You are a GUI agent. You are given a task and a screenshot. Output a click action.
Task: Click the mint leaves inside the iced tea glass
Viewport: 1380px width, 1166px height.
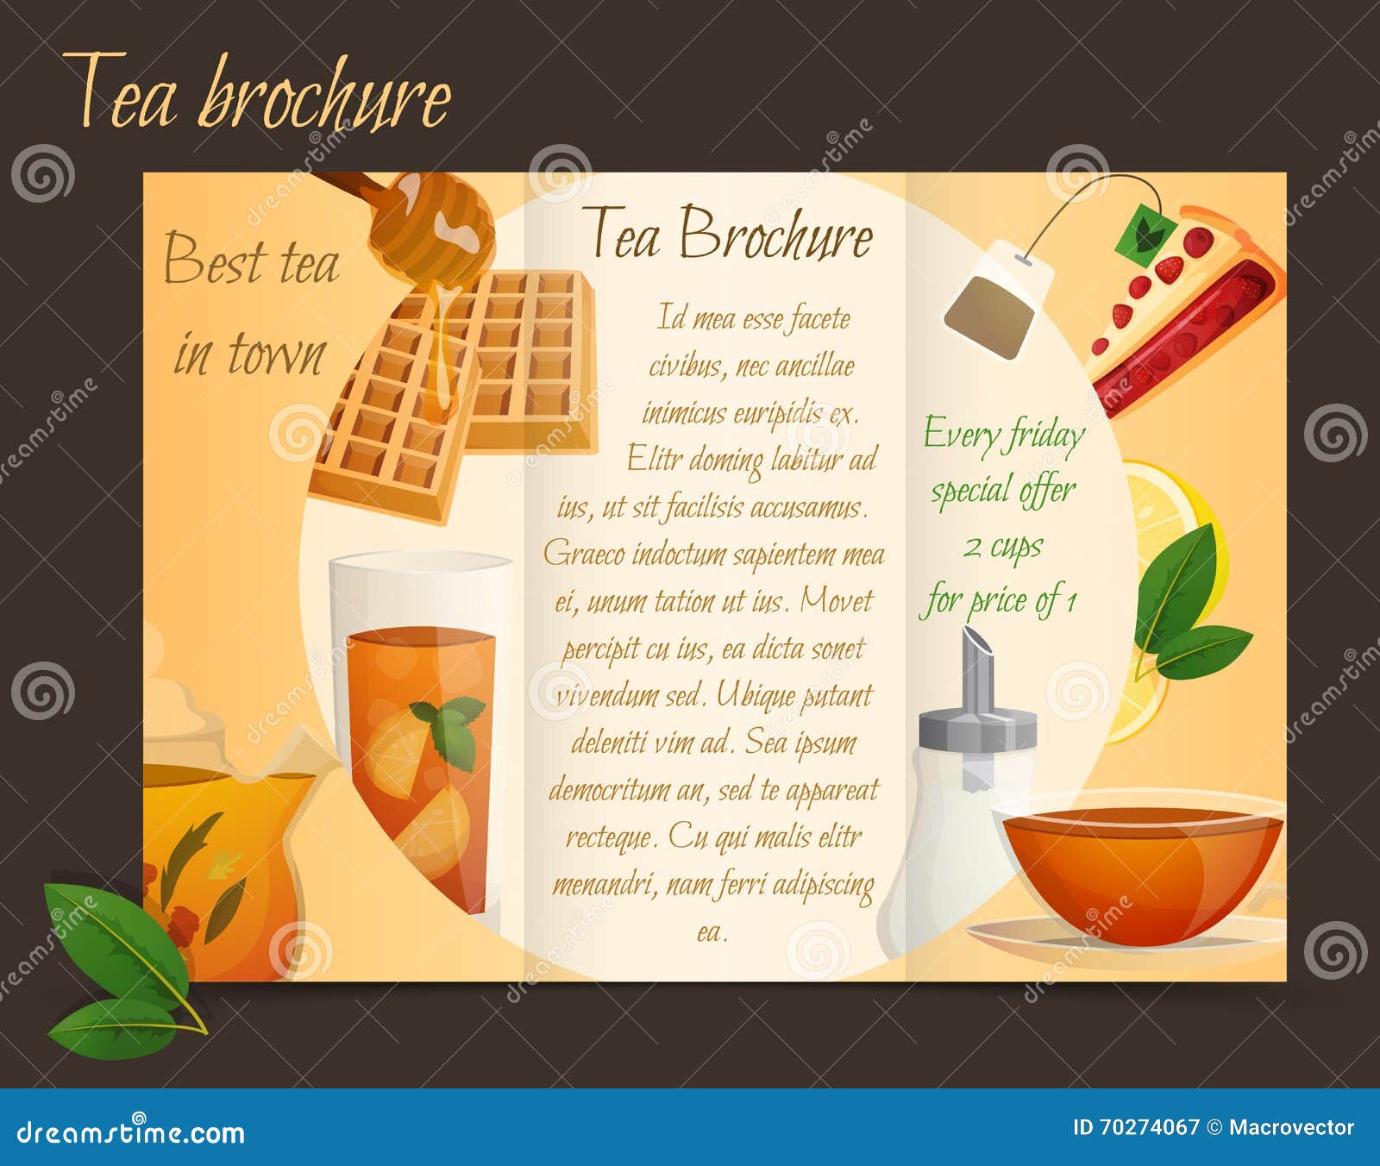(450, 729)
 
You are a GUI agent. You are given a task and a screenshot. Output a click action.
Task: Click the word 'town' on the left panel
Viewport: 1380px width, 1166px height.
(275, 353)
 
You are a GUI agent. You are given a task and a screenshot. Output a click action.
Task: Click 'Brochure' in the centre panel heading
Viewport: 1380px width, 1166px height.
(775, 235)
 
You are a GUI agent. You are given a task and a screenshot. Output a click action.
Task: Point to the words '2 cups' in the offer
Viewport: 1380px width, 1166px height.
(1002, 547)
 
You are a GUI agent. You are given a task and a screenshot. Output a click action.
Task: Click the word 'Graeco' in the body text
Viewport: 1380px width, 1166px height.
(585, 554)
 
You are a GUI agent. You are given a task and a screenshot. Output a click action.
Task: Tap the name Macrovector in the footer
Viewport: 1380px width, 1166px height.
(1290, 1127)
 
